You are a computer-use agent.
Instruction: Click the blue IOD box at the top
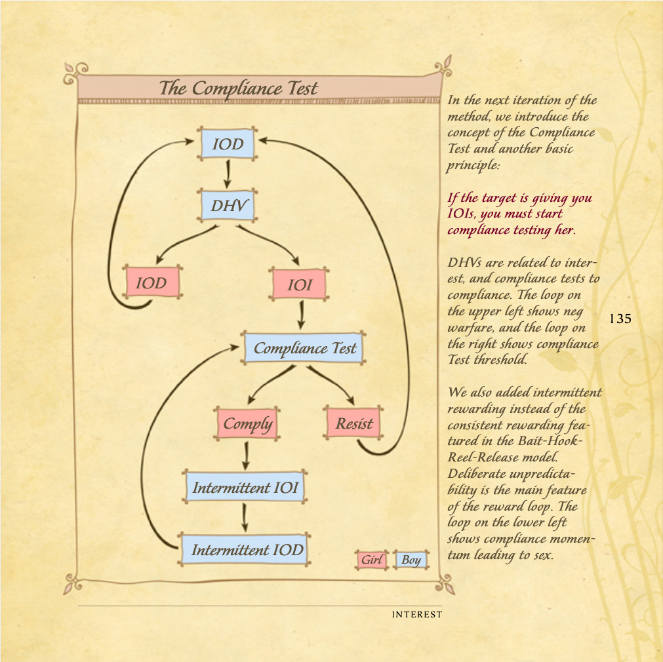point(228,144)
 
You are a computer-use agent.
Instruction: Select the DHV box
point(228,206)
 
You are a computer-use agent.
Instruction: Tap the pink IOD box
point(151,284)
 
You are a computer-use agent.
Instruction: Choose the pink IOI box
point(300,285)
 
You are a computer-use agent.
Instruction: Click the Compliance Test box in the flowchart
point(304,349)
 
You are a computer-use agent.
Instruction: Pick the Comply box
point(247,423)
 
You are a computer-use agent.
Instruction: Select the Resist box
point(354,423)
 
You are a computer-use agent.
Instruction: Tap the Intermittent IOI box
point(245,488)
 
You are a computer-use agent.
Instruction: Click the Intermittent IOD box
point(247,549)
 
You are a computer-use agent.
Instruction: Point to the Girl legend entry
point(371,560)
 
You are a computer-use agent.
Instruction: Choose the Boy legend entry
point(411,560)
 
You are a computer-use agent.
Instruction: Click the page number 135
point(620,319)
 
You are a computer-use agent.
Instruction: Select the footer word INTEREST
point(416,615)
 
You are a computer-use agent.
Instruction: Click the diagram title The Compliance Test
point(239,88)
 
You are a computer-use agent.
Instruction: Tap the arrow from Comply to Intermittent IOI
point(246,454)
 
